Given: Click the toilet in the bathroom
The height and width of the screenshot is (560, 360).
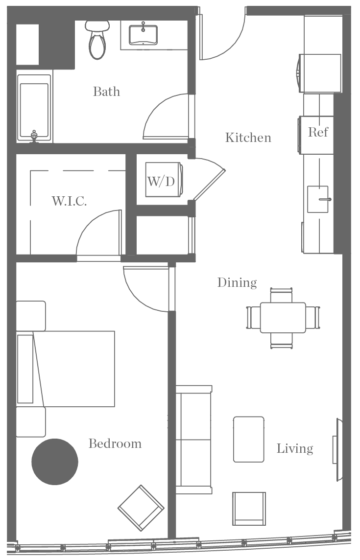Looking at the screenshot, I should click(x=97, y=42).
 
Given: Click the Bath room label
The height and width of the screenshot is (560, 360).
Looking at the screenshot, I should click(x=106, y=92).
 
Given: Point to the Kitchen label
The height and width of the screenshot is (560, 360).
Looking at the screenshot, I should click(x=248, y=138).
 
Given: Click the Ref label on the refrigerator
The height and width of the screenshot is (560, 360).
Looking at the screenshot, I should click(x=318, y=132).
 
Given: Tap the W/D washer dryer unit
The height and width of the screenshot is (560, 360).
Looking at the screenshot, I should click(x=162, y=182).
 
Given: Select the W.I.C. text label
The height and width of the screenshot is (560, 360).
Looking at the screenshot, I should click(x=70, y=201).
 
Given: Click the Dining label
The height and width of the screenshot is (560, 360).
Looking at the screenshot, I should click(x=237, y=282).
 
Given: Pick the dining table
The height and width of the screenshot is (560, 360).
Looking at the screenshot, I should click(x=282, y=318).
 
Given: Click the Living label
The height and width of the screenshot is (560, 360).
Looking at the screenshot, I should click(x=294, y=448).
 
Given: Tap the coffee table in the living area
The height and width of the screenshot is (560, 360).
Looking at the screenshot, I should click(x=249, y=439).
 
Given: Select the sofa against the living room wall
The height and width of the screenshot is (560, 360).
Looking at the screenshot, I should click(x=193, y=439).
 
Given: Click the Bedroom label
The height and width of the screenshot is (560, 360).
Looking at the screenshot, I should click(x=115, y=443).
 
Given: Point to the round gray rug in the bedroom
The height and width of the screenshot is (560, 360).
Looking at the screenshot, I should click(x=55, y=462).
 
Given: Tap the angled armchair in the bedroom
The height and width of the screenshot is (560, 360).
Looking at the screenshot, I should click(x=141, y=508).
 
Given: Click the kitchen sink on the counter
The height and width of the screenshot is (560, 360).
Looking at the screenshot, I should click(x=317, y=199).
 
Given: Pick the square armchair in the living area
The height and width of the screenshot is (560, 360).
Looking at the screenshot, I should click(x=249, y=509).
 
